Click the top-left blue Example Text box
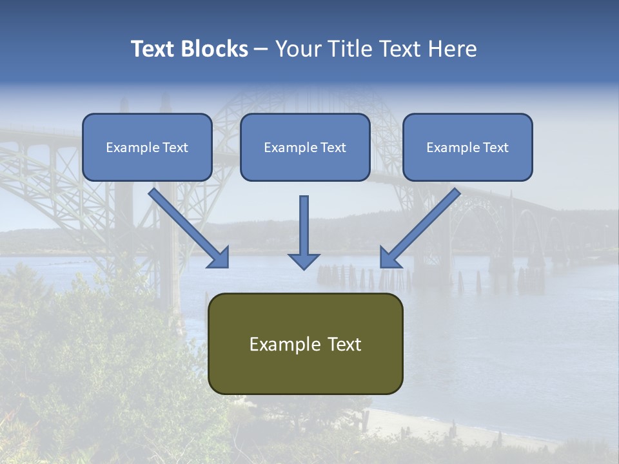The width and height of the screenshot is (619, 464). click(147, 147)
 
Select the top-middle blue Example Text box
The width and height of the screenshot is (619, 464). click(305, 147)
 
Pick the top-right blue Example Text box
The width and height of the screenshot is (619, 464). click(467, 147)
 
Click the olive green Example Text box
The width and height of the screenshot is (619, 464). click(305, 343)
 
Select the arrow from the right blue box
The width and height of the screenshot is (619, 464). click(422, 226)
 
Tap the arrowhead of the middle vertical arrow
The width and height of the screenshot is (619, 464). click(304, 260)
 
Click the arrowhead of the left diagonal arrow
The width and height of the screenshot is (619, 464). click(219, 258)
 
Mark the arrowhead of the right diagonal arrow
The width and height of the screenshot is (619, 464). click(389, 257)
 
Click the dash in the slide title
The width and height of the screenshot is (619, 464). click(261, 50)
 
